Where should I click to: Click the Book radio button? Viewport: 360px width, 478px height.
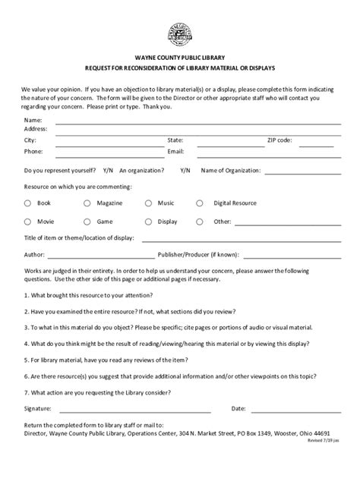pos(27,203)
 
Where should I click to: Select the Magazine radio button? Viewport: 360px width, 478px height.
pos(87,203)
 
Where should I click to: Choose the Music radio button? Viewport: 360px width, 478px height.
pos(149,203)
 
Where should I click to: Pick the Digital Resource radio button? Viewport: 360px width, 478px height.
pos(200,203)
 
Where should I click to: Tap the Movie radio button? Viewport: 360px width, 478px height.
pos(27,222)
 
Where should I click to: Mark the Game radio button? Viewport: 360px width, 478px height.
pos(87,222)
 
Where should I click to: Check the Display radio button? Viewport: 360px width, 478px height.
pos(149,222)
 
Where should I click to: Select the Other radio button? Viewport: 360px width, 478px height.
pos(200,222)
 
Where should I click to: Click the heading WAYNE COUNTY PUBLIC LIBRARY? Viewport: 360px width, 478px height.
pos(180,57)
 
